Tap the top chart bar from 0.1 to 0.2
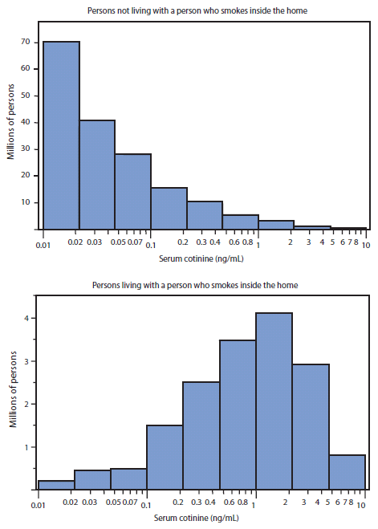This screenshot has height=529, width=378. [169, 208]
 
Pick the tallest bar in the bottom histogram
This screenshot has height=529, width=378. [274, 401]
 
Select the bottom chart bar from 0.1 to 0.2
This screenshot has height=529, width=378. [165, 457]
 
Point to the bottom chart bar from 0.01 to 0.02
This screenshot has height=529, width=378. [56, 485]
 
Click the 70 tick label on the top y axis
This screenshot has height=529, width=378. [26, 42]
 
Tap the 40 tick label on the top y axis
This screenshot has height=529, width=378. [26, 122]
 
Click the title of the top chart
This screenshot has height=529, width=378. [203, 10]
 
